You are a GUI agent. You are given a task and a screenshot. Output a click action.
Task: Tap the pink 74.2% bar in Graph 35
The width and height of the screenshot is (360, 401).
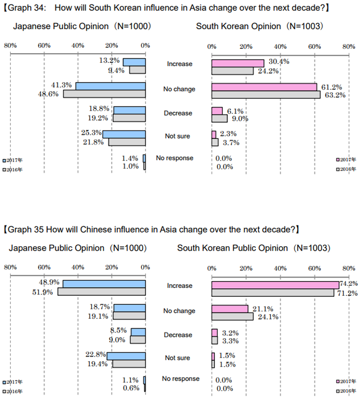pos(275,285)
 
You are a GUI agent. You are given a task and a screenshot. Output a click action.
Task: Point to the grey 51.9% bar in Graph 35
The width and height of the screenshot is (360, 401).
pos(102,292)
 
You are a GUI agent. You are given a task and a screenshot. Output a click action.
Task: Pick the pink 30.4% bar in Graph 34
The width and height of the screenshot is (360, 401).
pos(237,63)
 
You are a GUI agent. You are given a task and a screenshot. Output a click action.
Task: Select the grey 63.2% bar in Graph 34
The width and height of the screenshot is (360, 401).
pos(266,94)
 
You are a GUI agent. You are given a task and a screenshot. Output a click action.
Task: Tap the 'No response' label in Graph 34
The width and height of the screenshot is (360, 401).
pos(175,158)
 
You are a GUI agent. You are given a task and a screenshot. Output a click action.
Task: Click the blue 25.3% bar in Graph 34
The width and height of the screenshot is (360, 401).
pos(124,134)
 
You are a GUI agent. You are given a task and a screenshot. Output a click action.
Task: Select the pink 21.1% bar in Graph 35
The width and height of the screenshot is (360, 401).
pos(230,309)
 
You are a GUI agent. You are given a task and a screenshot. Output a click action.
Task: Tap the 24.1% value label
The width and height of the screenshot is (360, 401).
pos(267,317)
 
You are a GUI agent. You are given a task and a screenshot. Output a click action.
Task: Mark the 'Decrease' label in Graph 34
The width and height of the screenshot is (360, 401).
pos(178,113)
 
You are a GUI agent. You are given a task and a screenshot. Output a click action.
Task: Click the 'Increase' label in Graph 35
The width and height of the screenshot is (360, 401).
pos(179,286)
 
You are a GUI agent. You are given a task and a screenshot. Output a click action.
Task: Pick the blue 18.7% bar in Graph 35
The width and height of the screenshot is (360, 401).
pos(129,308)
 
